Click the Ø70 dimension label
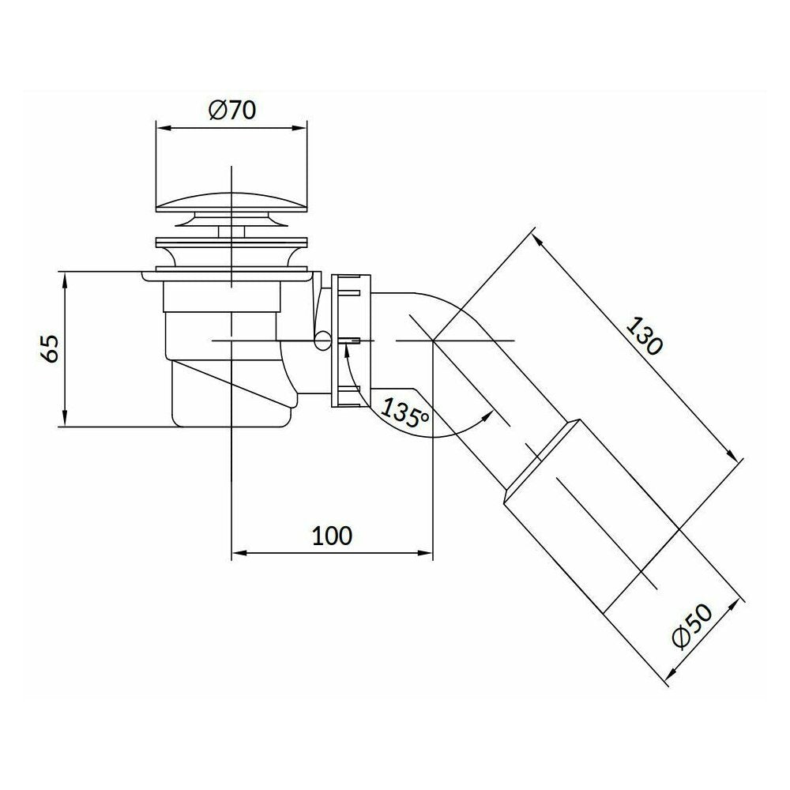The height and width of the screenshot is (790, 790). click(232, 111)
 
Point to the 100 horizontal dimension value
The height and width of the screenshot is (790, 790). click(332, 536)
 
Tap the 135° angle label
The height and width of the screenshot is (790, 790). click(404, 412)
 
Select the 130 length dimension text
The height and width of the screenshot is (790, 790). click(645, 336)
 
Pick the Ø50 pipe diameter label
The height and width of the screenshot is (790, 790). click(694, 625)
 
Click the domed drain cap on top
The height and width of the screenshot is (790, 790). click(231, 200)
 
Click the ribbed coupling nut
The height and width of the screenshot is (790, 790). click(351, 340)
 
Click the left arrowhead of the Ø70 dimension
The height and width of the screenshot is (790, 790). click(161, 128)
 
